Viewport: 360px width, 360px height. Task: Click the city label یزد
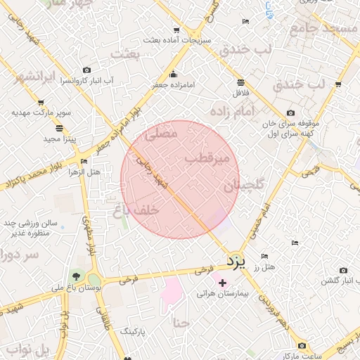(237, 262)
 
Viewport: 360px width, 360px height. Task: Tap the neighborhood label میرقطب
(207, 159)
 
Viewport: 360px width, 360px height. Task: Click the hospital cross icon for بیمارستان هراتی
(224, 283)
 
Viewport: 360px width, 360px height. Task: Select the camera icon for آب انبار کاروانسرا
(86, 70)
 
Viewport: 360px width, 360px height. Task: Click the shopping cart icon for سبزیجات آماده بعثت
(176, 30)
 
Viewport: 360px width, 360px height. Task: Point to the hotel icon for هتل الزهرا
(84, 162)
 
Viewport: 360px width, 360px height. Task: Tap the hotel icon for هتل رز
(264, 257)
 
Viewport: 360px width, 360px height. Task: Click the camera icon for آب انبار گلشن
(343, 270)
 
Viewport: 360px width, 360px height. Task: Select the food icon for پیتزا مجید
(58, 128)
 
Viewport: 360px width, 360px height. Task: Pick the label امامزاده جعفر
(173, 84)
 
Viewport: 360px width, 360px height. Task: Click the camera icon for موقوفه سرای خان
(291, 113)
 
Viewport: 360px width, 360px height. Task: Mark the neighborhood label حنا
(181, 323)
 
